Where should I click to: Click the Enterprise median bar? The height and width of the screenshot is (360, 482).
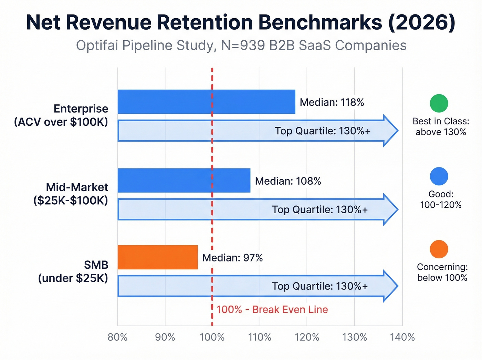click(x=206, y=102)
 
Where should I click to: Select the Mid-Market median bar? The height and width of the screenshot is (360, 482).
click(x=184, y=180)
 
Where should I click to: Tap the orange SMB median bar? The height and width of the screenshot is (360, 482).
click(x=158, y=257)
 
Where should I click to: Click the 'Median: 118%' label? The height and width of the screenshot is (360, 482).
click(x=332, y=102)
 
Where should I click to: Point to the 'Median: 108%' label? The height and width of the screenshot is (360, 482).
click(x=288, y=181)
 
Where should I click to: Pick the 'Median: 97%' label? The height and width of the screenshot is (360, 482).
click(x=232, y=258)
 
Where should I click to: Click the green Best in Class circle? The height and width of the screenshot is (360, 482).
click(x=439, y=103)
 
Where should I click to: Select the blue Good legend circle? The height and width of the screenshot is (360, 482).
click(x=439, y=176)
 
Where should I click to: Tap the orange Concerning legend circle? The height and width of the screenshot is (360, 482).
click(x=439, y=249)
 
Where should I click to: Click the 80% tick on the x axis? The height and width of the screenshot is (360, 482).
click(x=118, y=337)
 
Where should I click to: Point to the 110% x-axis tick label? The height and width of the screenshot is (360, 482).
click(x=260, y=337)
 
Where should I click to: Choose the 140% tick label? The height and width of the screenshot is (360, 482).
click(x=402, y=337)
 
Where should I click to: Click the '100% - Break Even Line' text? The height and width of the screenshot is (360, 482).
click(x=272, y=309)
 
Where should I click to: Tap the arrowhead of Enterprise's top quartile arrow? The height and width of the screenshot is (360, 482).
click(x=390, y=131)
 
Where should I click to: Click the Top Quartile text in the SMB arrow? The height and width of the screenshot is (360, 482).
click(x=320, y=286)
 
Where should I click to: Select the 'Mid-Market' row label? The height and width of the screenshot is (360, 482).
click(x=77, y=187)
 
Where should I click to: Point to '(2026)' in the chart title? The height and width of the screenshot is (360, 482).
click(x=422, y=22)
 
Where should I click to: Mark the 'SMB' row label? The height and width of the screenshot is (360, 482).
click(x=96, y=265)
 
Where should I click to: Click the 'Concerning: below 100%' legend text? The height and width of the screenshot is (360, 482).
click(x=442, y=272)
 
